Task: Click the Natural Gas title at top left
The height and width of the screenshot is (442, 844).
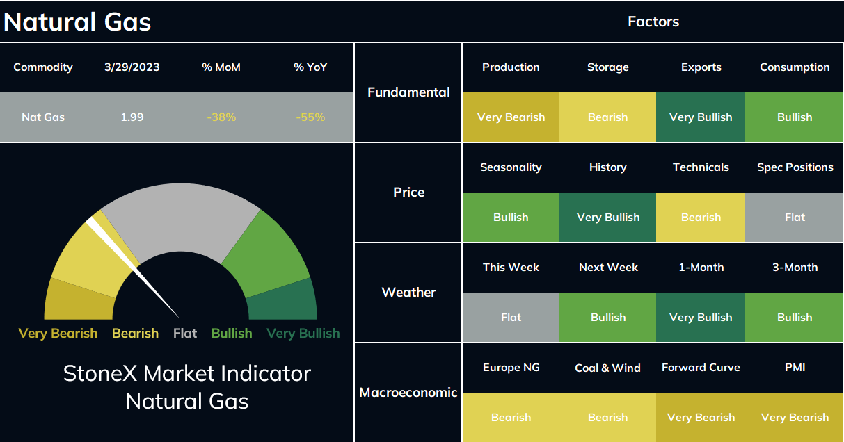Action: pos(77,22)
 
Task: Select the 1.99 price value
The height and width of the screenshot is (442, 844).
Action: pos(132,117)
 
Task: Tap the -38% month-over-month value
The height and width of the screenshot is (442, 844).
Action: pos(221,117)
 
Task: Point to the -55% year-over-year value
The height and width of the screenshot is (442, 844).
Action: pos(310,117)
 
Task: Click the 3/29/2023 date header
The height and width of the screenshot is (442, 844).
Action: pos(132,67)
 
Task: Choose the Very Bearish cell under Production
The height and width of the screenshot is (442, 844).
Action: pos(511,117)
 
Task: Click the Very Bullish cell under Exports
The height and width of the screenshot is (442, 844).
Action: pos(701,117)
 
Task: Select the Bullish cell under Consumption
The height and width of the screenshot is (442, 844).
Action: pos(795,117)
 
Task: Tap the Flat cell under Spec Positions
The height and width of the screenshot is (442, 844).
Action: pos(795,218)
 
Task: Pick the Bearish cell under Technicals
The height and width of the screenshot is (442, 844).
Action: pos(701,218)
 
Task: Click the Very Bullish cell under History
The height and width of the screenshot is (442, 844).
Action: pos(607,218)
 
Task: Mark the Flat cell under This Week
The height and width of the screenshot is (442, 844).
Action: pos(511,318)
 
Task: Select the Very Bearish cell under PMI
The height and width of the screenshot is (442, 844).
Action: pos(795,417)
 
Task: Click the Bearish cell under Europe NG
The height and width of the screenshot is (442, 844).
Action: pos(511,417)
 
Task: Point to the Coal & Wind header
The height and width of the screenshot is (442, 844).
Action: pos(607,368)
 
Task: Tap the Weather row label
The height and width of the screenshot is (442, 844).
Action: pos(408,292)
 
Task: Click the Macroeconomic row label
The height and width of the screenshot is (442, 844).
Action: pos(408,392)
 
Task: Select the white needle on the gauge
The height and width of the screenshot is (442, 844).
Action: pos(133,268)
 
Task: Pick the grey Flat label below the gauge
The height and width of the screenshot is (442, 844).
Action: pos(185,333)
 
